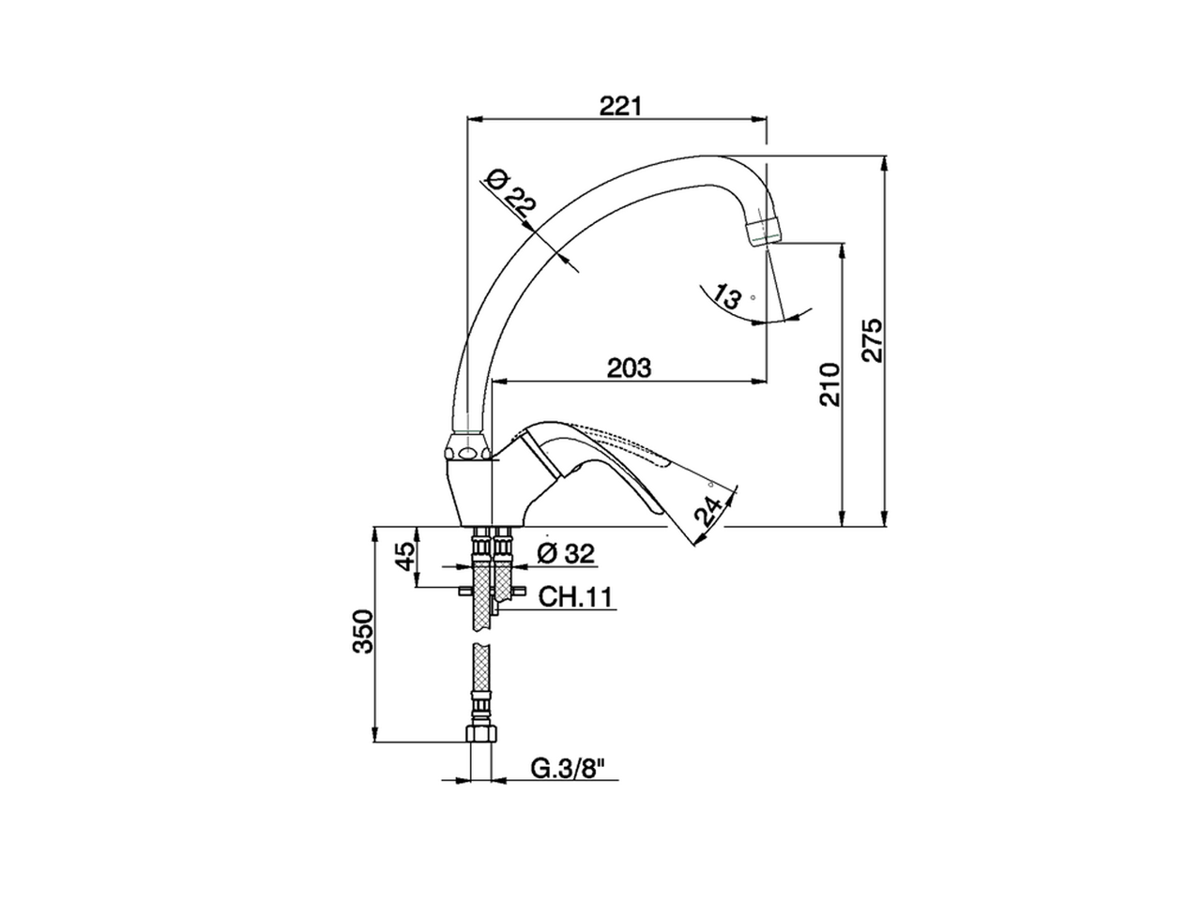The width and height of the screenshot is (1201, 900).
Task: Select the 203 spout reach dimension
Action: coord(629,367)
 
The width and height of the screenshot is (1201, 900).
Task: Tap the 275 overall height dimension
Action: coord(872,341)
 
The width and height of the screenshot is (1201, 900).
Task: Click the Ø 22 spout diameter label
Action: coord(512,196)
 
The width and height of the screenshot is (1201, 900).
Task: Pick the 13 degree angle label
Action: coord(726,297)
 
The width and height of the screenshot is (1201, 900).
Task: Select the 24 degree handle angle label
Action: coord(711,511)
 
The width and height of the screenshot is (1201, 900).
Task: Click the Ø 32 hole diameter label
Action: coord(566,554)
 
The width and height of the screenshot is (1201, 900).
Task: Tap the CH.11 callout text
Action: coord(575,596)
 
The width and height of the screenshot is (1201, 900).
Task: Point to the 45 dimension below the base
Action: coord(404,557)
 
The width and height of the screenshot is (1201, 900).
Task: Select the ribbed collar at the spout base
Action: coord(469,444)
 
